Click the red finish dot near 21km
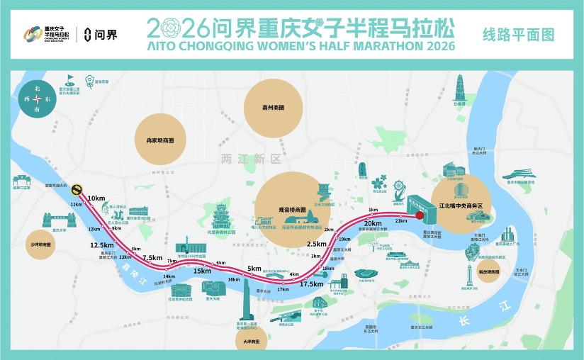coord(419,215)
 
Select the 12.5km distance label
coord(102,244)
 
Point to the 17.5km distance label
coord(312,283)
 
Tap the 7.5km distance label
coord(152,257)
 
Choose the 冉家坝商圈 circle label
coord(160,140)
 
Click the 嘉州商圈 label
coord(273,107)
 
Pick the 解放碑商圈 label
coord(489,271)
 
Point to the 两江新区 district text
coord(251,159)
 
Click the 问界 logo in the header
coord(101,34)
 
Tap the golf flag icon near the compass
coord(70,80)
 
